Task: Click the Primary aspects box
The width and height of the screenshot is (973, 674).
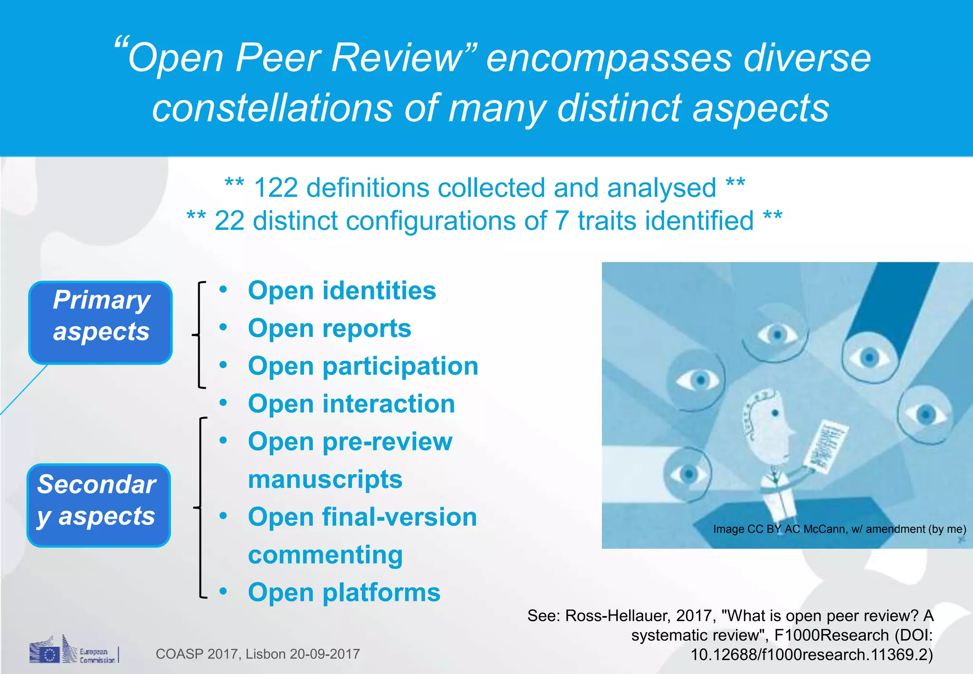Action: pos(100,322)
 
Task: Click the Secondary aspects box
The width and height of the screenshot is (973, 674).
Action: pos(98,505)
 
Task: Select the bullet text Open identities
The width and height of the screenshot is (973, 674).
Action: pos(342,290)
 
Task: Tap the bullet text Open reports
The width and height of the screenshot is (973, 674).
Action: pos(329,328)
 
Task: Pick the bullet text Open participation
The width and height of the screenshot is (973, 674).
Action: pos(363,366)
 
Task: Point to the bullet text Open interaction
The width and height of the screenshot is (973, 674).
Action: pos(351,404)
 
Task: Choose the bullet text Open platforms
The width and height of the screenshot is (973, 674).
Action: pos(344,593)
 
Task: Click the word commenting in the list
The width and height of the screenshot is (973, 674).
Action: pos(325,555)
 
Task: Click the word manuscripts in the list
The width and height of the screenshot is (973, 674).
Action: pos(325,479)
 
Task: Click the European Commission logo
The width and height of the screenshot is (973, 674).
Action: pos(74,651)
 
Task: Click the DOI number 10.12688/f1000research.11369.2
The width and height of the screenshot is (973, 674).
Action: pos(811,655)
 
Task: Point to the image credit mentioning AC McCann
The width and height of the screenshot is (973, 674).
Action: pos(839,529)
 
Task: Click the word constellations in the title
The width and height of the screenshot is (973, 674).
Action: pos(272,108)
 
